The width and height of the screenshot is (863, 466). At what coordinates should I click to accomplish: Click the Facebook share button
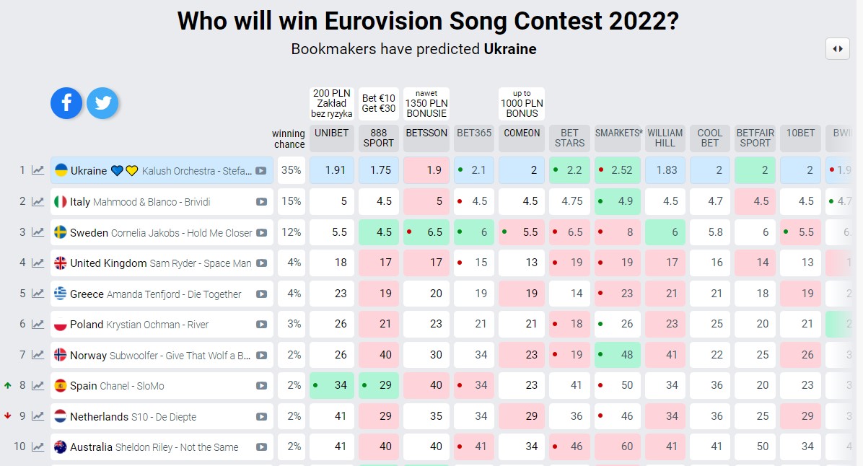tap(66, 103)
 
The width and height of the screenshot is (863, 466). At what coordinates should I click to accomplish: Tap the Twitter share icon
tap(102, 103)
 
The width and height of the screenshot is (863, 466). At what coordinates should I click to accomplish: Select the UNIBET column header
tap(332, 133)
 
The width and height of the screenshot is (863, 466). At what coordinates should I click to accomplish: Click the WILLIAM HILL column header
tap(665, 138)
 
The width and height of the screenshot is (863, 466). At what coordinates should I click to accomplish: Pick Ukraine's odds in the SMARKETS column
tap(617, 170)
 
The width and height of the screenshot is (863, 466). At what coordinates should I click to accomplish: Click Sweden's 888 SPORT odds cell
tap(379, 232)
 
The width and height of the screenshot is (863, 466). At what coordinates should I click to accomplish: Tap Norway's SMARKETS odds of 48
tap(617, 355)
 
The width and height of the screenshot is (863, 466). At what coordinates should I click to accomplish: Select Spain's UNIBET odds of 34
tap(332, 385)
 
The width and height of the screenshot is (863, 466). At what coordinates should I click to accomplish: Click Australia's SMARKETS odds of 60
tap(617, 447)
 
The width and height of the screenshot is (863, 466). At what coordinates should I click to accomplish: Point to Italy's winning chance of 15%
tap(292, 201)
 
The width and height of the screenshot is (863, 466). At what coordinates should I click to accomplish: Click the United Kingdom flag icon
tap(61, 263)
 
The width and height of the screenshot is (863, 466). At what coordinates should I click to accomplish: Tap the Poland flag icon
tap(61, 325)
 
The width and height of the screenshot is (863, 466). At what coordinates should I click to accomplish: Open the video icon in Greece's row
tap(261, 294)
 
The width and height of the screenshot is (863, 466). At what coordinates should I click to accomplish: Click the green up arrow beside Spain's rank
tap(8, 385)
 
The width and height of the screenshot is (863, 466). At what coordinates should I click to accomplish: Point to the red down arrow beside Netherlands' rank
tap(8, 416)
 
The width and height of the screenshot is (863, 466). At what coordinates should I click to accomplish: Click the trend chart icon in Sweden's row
tap(38, 232)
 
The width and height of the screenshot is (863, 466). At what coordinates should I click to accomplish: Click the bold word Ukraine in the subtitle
tap(510, 49)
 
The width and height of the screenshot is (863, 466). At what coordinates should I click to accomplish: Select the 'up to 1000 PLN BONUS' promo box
tap(522, 103)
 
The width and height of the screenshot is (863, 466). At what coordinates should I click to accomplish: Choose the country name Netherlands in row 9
tap(99, 416)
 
